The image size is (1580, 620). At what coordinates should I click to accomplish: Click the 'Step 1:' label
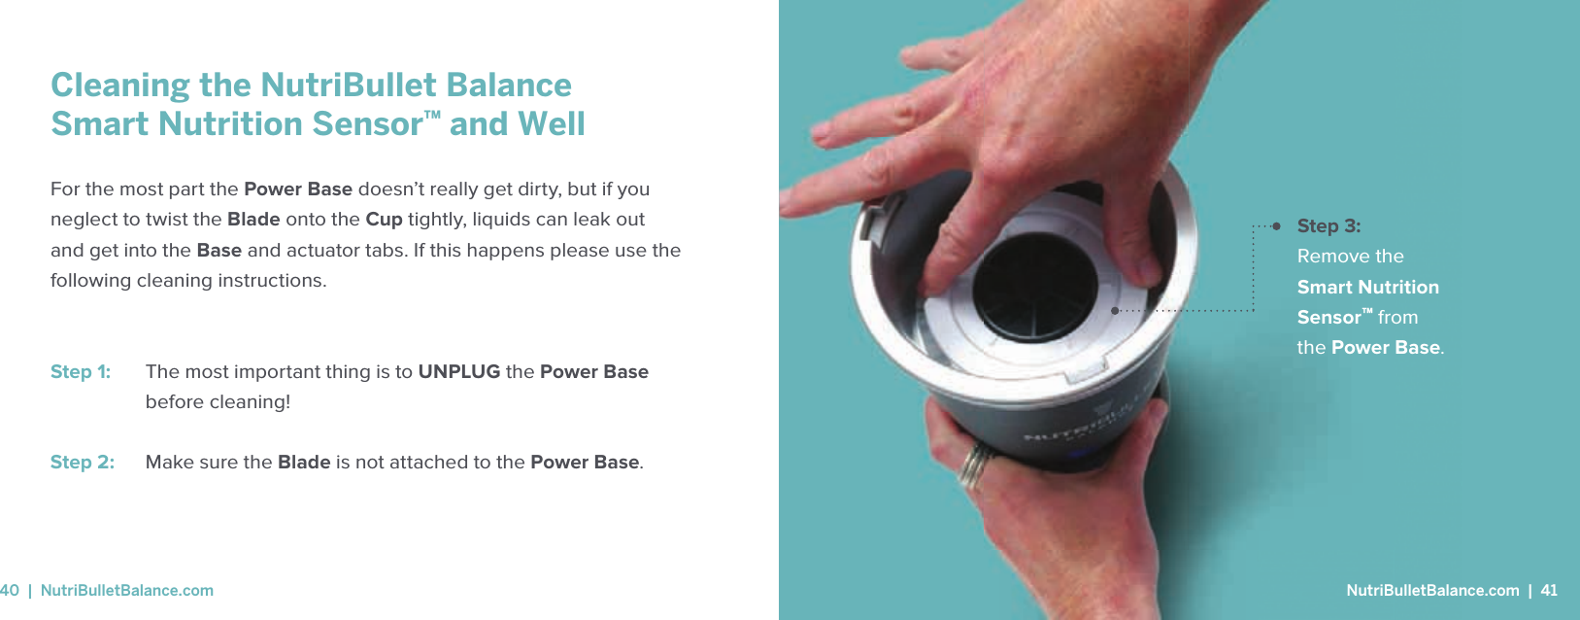tap(81, 372)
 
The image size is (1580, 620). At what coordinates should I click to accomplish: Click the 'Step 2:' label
tap(83, 463)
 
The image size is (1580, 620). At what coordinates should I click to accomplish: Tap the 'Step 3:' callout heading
tap(1328, 226)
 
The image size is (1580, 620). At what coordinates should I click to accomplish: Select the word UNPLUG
tap(458, 372)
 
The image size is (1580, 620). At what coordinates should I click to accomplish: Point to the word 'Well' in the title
tap(551, 124)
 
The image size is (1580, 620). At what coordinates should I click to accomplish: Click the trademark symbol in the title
tap(432, 116)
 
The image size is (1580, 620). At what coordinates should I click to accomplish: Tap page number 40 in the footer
tap(10, 591)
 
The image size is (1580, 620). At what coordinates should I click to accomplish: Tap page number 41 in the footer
tap(1549, 591)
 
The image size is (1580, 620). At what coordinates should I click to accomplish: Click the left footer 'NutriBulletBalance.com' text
tap(127, 591)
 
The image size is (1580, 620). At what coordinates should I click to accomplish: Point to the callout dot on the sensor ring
tap(1115, 311)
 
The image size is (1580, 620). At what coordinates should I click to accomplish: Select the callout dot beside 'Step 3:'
tap(1276, 226)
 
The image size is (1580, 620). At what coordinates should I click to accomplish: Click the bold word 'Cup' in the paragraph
tap(384, 220)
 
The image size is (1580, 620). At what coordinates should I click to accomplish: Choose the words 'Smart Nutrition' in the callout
tap(1367, 288)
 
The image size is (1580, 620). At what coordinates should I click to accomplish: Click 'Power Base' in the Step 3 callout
tap(1385, 348)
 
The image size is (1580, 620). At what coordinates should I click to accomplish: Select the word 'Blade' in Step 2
tap(304, 463)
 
